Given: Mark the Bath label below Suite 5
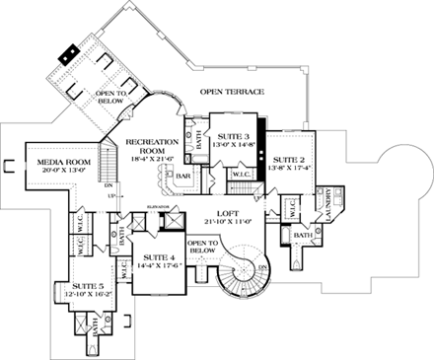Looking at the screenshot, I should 97,333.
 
